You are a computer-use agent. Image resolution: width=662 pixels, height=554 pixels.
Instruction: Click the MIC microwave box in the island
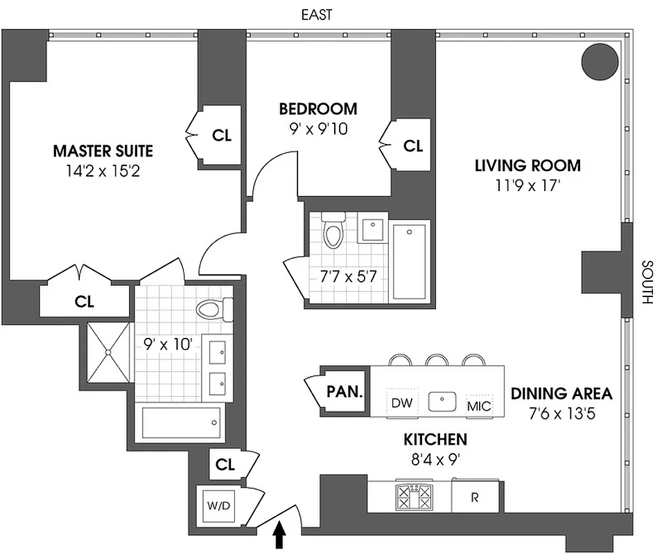tap(479, 405)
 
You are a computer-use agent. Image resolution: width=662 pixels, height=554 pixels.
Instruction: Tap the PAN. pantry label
tap(344, 391)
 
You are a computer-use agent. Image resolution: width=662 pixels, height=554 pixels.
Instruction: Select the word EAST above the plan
tap(316, 15)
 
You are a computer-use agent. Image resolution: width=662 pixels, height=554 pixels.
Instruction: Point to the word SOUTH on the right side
tap(647, 283)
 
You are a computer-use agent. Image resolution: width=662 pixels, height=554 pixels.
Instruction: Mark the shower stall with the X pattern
tap(108, 352)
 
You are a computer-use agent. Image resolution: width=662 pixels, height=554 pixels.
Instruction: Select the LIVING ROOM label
tap(527, 166)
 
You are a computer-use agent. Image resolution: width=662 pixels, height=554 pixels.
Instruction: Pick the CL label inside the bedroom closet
tap(413, 145)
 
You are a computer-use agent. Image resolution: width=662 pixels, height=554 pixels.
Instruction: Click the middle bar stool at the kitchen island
tap(435, 359)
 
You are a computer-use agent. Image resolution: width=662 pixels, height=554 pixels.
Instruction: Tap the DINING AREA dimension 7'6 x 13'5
tap(561, 415)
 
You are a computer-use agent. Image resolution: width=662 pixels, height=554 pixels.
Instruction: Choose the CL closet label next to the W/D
tap(225, 465)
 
